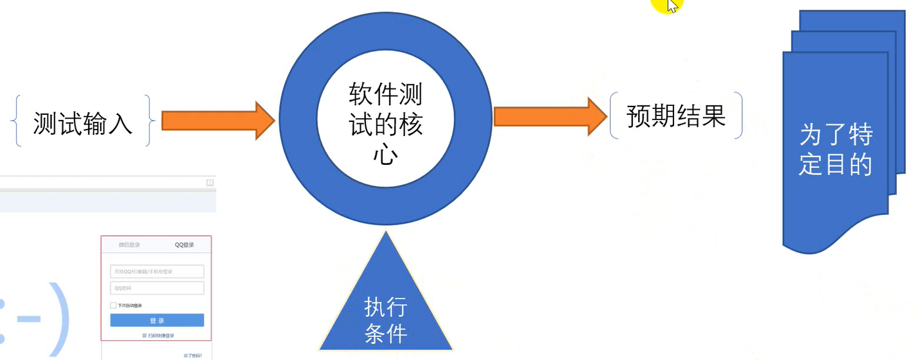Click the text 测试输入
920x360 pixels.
(x=83, y=122)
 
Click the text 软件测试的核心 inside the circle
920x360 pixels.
(x=385, y=124)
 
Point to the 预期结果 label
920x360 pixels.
(x=676, y=116)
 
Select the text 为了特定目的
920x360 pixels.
(x=835, y=150)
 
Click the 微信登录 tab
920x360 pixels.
(x=129, y=245)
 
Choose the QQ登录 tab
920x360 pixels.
(x=184, y=245)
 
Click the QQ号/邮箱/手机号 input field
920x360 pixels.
(x=157, y=271)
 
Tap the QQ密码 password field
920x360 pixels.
(x=157, y=288)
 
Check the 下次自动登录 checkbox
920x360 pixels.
(x=114, y=305)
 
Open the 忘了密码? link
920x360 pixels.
(x=193, y=355)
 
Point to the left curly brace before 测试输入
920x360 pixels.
(x=17, y=121)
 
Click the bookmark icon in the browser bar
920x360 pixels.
(x=209, y=183)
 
